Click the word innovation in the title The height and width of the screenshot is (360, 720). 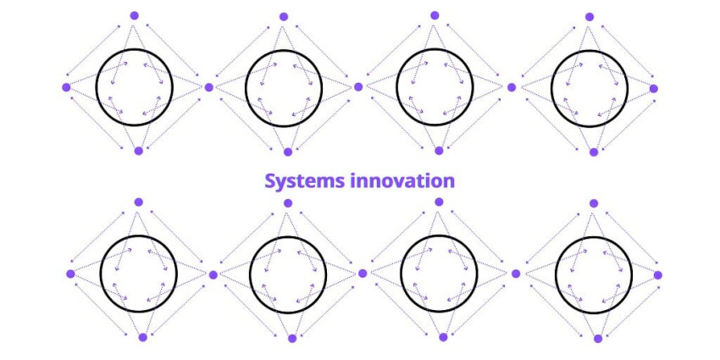[402, 181]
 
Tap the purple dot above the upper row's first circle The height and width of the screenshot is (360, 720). [134, 15]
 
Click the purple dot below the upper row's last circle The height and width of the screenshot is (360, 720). [594, 152]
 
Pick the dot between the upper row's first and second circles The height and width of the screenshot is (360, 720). [209, 87]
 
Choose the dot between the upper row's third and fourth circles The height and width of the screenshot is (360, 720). [512, 87]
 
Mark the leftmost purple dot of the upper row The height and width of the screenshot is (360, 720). [66, 86]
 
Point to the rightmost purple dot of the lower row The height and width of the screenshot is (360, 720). [658, 275]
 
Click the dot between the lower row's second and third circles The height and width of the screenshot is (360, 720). [363, 274]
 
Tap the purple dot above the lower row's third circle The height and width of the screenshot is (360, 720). [439, 202]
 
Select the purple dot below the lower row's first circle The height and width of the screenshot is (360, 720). [143, 337]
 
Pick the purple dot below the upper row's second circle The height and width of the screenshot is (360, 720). [288, 152]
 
